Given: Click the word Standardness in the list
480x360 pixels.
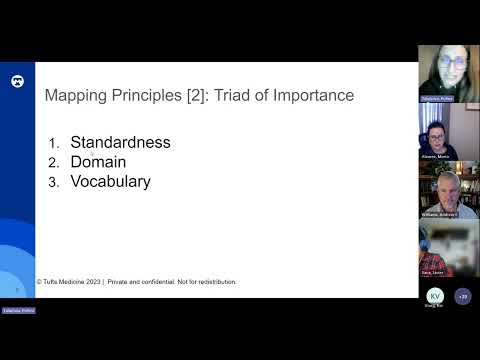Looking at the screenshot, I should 120,142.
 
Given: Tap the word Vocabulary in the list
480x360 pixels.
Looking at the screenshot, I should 110,182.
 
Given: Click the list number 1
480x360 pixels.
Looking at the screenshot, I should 55,143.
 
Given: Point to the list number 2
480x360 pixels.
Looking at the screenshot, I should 54,163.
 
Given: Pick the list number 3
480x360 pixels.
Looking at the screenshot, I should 54,183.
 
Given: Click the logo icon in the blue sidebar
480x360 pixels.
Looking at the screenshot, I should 17,80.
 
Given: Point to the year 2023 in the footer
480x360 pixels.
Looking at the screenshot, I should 93,282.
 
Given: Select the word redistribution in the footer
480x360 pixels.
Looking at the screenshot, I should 213,282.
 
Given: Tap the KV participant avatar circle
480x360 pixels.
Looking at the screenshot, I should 434,296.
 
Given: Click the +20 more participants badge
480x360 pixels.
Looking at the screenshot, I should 462,296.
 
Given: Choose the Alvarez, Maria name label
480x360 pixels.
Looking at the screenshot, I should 441,157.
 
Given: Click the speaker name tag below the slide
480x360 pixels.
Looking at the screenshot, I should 18,311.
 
